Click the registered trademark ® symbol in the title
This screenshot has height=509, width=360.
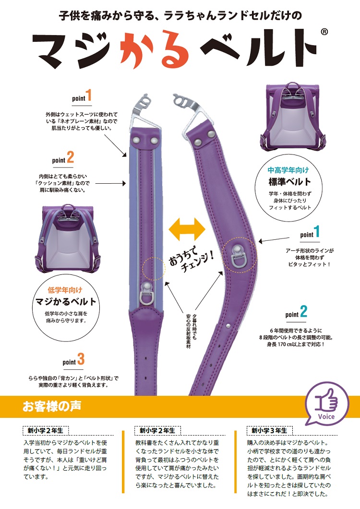pyautogui.click(x=324, y=32)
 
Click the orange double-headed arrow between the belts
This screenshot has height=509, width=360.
pyautogui.click(x=187, y=229)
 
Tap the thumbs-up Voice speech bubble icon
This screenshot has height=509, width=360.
pyautogui.click(x=327, y=404)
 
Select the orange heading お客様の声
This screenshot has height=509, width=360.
pyautogui.click(x=52, y=406)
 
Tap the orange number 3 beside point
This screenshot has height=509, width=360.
pyautogui.click(x=81, y=359)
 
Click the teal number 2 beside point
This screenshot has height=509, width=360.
pyautogui.click(x=304, y=311)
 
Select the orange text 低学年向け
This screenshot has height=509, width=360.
pyautogui.click(x=65, y=290)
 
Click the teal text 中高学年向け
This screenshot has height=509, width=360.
pyautogui.click(x=288, y=170)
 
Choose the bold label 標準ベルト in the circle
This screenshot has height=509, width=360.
pyautogui.click(x=289, y=182)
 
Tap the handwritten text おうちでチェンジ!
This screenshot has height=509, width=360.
pyautogui.click(x=191, y=258)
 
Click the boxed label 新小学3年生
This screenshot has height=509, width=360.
pyautogui.click(x=269, y=430)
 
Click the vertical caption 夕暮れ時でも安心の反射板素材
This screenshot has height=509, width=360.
pyautogui.click(x=191, y=331)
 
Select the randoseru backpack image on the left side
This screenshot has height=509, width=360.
pyautogui.click(x=68, y=238)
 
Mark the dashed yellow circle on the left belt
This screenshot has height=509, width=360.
pyautogui.click(x=154, y=269)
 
